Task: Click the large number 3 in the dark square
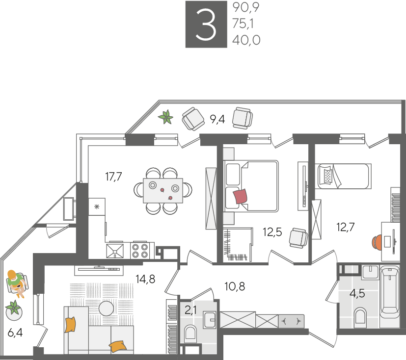(x=206, y=25)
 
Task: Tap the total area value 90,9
(x=246, y=7)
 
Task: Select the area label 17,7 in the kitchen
(x=113, y=177)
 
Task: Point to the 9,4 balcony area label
(x=217, y=119)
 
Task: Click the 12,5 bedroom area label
(x=272, y=232)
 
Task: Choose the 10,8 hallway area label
(x=235, y=286)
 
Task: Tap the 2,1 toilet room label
(x=190, y=310)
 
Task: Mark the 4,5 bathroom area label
(x=357, y=293)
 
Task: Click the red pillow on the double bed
(x=240, y=196)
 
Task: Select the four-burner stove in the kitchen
(x=140, y=251)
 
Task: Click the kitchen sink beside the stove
(x=115, y=251)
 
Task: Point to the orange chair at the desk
(x=377, y=242)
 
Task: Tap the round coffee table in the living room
(x=106, y=309)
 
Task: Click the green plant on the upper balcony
(x=166, y=117)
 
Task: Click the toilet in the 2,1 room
(x=190, y=333)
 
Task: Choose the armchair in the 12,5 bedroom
(x=298, y=238)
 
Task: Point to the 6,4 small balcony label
(x=15, y=333)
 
